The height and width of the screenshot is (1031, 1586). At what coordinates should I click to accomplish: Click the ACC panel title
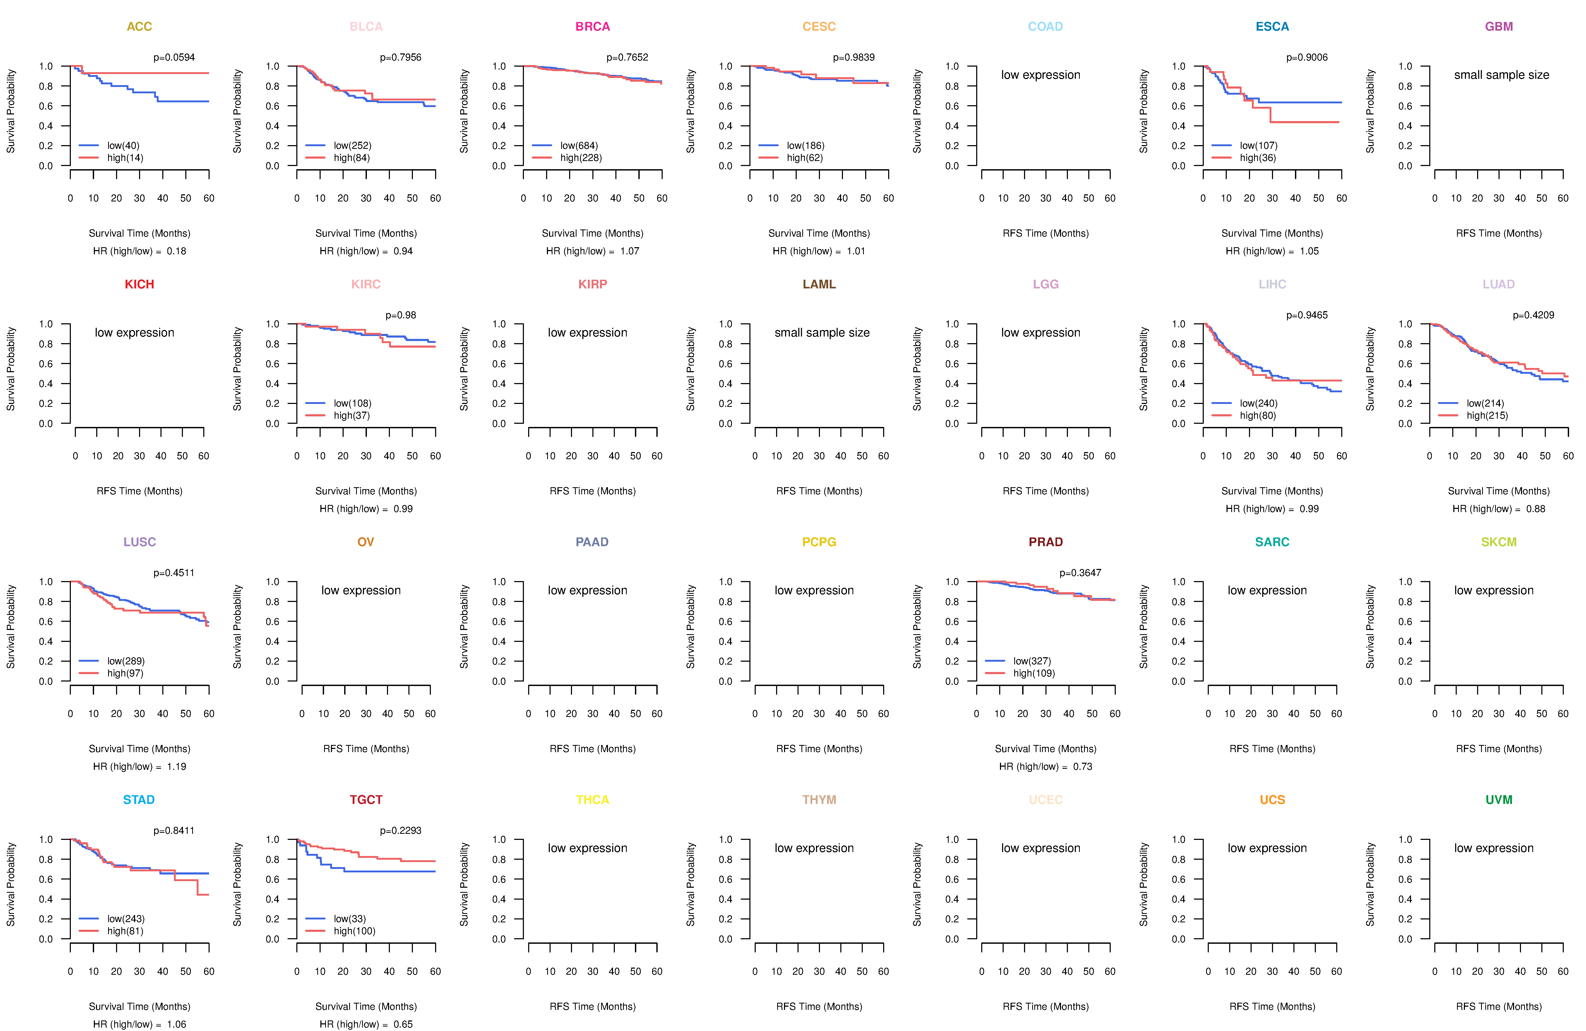[139, 27]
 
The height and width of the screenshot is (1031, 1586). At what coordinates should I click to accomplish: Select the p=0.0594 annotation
[174, 57]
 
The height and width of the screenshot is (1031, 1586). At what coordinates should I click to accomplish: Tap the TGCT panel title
[366, 800]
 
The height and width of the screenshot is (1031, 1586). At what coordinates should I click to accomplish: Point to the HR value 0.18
[177, 251]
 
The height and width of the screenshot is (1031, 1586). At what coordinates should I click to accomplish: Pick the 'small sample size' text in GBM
[1501, 75]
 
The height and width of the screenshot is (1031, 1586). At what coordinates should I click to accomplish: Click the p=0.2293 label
[400, 830]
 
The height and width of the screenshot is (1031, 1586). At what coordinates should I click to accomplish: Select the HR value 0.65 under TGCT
[403, 1024]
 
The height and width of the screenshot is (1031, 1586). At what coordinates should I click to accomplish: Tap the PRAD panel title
[1045, 542]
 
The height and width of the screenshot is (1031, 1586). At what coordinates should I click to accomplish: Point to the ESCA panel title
[1272, 27]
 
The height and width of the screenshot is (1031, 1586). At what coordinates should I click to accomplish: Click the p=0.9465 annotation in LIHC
[1307, 315]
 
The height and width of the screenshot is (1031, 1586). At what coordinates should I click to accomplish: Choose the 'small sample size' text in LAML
[822, 333]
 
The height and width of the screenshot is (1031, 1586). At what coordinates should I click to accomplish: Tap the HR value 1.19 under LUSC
[177, 766]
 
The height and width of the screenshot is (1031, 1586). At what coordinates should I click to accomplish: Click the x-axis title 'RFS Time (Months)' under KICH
[139, 491]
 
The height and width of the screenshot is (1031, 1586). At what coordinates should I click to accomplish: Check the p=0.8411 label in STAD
[174, 830]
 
